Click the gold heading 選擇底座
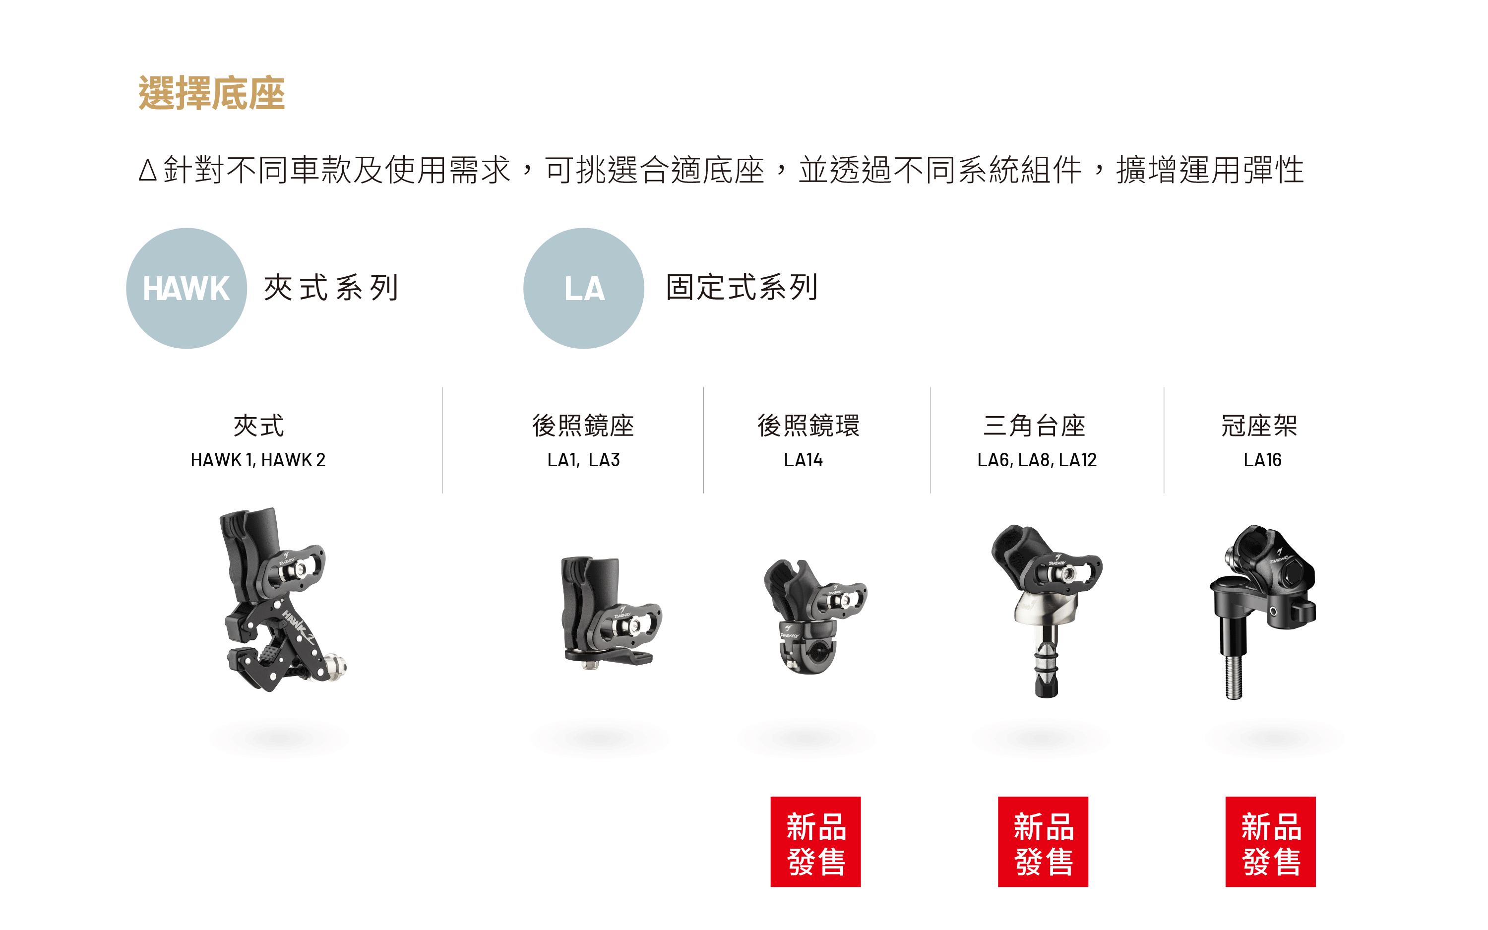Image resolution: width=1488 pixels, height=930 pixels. pos(211,93)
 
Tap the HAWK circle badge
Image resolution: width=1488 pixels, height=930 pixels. pos(186,289)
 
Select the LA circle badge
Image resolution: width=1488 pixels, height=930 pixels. pos(583,289)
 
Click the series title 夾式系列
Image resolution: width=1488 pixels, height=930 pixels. pos(331,288)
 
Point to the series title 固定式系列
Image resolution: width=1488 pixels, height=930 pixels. pos(742,288)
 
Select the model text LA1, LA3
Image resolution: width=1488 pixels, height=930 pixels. pos(583,460)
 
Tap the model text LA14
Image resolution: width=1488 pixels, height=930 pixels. pos(803,460)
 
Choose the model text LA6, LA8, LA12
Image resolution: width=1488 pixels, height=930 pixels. pos(1037,460)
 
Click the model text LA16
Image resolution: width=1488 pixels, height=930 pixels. pos(1262,460)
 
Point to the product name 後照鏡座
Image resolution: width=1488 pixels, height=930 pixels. pos(583,426)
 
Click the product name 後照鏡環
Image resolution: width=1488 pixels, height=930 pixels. pos(808,426)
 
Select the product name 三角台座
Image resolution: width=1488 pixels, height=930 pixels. pos(1034,426)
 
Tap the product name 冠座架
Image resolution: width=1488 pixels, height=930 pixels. pos(1259,426)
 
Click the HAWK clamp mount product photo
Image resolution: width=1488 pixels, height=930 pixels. pos(280,600)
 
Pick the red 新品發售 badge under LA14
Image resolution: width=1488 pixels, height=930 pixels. pos(815,841)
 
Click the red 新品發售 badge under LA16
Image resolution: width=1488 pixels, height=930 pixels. pos(1270,841)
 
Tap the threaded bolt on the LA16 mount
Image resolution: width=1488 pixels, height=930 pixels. pos(1234,677)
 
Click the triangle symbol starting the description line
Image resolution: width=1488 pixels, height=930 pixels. pos(148,171)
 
